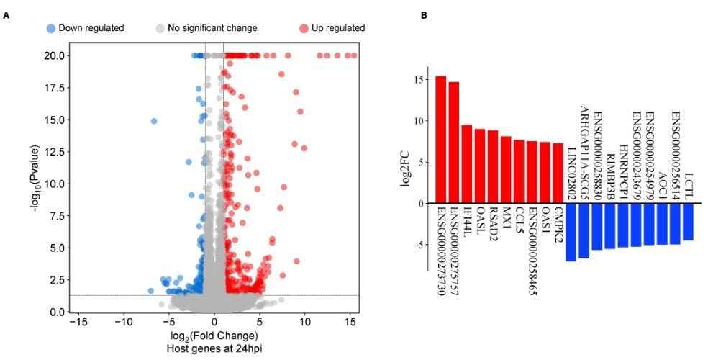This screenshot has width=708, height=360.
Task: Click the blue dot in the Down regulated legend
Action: [50, 28]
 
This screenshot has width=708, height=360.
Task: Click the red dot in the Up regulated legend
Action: [304, 28]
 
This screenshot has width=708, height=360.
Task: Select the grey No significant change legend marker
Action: [160, 28]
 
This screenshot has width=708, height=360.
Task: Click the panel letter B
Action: [424, 14]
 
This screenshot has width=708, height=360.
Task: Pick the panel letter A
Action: [6, 14]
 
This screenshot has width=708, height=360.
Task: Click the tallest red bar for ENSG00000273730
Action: [440, 140]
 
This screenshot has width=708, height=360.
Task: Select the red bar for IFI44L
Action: [466, 164]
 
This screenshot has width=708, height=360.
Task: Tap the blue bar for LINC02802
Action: [571, 232]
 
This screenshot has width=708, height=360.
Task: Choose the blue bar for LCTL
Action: [689, 222]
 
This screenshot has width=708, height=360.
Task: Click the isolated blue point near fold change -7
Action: [153, 121]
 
